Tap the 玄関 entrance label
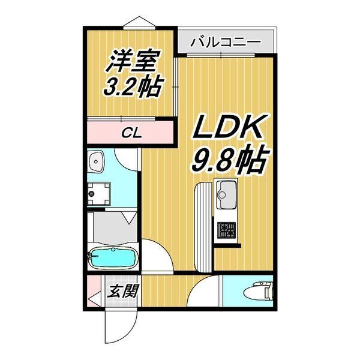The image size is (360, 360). click(x=124, y=292)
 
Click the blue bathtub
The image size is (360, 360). click(x=113, y=258)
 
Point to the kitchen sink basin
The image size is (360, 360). click(x=227, y=192)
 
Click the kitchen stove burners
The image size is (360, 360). click(x=227, y=230)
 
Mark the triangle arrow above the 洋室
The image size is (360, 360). click(x=140, y=22)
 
